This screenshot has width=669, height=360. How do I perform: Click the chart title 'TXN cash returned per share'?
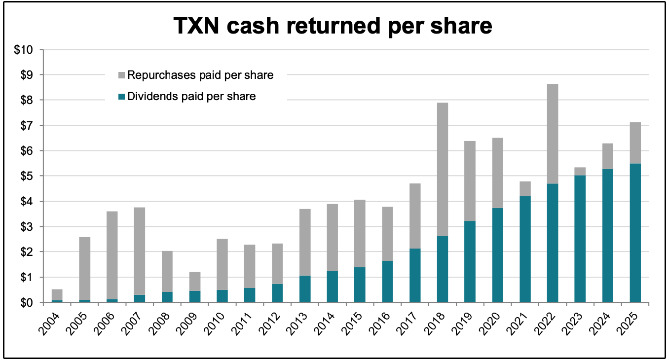click(x=333, y=26)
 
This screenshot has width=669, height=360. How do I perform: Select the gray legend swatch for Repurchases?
click(x=121, y=75)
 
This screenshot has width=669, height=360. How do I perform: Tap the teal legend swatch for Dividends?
click(x=121, y=97)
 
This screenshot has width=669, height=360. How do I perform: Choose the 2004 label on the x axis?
click(x=49, y=324)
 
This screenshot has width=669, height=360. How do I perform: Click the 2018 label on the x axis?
click(x=435, y=324)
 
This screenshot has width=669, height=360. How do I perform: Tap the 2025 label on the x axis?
click(x=628, y=324)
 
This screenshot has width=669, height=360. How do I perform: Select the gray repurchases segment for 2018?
click(x=443, y=170)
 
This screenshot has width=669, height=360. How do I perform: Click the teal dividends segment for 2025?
click(x=635, y=233)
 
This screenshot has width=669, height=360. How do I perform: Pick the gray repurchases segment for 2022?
click(x=553, y=134)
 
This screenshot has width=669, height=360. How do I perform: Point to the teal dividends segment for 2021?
click(x=525, y=249)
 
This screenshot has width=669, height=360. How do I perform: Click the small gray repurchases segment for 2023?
click(x=580, y=171)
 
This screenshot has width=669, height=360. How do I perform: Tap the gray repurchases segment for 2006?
click(x=112, y=255)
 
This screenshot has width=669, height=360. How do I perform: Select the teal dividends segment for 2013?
click(x=305, y=289)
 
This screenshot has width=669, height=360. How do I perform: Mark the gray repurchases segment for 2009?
click(x=195, y=282)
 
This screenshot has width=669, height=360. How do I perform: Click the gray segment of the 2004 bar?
click(x=57, y=294)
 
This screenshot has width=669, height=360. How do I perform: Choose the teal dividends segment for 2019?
click(x=470, y=262)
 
